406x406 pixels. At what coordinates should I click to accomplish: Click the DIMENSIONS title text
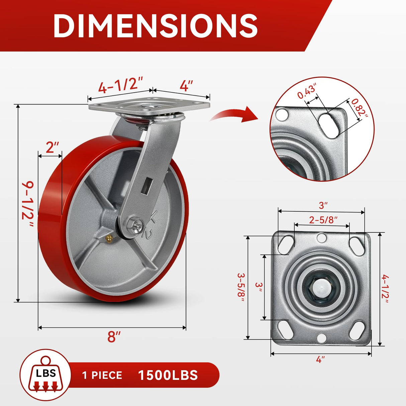(x=155, y=25)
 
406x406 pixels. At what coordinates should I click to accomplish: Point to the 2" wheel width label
(x=52, y=147)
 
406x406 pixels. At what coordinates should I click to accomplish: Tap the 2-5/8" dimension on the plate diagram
(x=323, y=220)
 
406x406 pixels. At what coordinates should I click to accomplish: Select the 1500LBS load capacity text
(x=168, y=375)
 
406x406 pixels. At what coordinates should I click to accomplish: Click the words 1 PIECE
(x=102, y=376)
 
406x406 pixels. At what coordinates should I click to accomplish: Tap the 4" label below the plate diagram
(x=320, y=360)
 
